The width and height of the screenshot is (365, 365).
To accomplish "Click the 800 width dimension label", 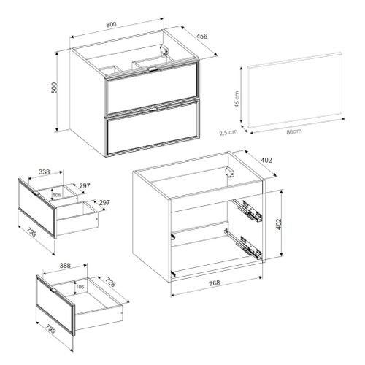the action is pyautogui.click(x=112, y=24).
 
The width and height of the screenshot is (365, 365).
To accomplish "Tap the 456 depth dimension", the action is pyautogui.click(x=201, y=36).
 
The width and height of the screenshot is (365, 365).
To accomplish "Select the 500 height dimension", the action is pyautogui.click(x=54, y=88).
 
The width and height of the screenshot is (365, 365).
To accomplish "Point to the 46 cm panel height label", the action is pyautogui.click(x=236, y=100).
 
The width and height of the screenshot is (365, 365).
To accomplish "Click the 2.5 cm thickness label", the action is pyautogui.click(x=228, y=133).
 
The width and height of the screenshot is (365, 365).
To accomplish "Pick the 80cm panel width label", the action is pyautogui.click(x=294, y=131).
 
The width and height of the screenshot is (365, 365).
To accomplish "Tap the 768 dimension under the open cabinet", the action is pyautogui.click(x=215, y=283).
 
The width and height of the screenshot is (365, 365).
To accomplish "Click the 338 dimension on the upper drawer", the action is pyautogui.click(x=45, y=172).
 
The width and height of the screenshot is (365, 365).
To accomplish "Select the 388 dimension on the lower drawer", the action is pyautogui.click(x=65, y=265).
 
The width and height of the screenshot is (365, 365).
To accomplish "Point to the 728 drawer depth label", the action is pyautogui.click(x=110, y=282).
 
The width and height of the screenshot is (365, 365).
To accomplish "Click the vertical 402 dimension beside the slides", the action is pyautogui.click(x=279, y=224).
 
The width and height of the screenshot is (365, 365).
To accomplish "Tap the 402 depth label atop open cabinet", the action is pyautogui.click(x=266, y=160).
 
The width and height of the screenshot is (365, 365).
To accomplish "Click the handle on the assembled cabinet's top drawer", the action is pyautogui.click(x=153, y=69).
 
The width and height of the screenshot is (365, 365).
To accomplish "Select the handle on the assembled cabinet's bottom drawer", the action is pyautogui.click(x=153, y=109).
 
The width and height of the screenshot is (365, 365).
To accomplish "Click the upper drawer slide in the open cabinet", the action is pyautogui.click(x=247, y=210).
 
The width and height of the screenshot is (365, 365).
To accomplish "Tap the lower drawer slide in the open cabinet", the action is pyautogui.click(x=244, y=245).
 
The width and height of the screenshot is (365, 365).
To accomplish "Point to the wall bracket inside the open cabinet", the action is pyautogui.click(x=229, y=172).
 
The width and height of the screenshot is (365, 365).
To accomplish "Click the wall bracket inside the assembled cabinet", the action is pyautogui.click(x=164, y=50).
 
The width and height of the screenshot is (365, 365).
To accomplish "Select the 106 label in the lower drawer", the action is pyautogui.click(x=80, y=287).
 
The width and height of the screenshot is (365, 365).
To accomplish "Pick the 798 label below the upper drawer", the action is pyautogui.click(x=33, y=231).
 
